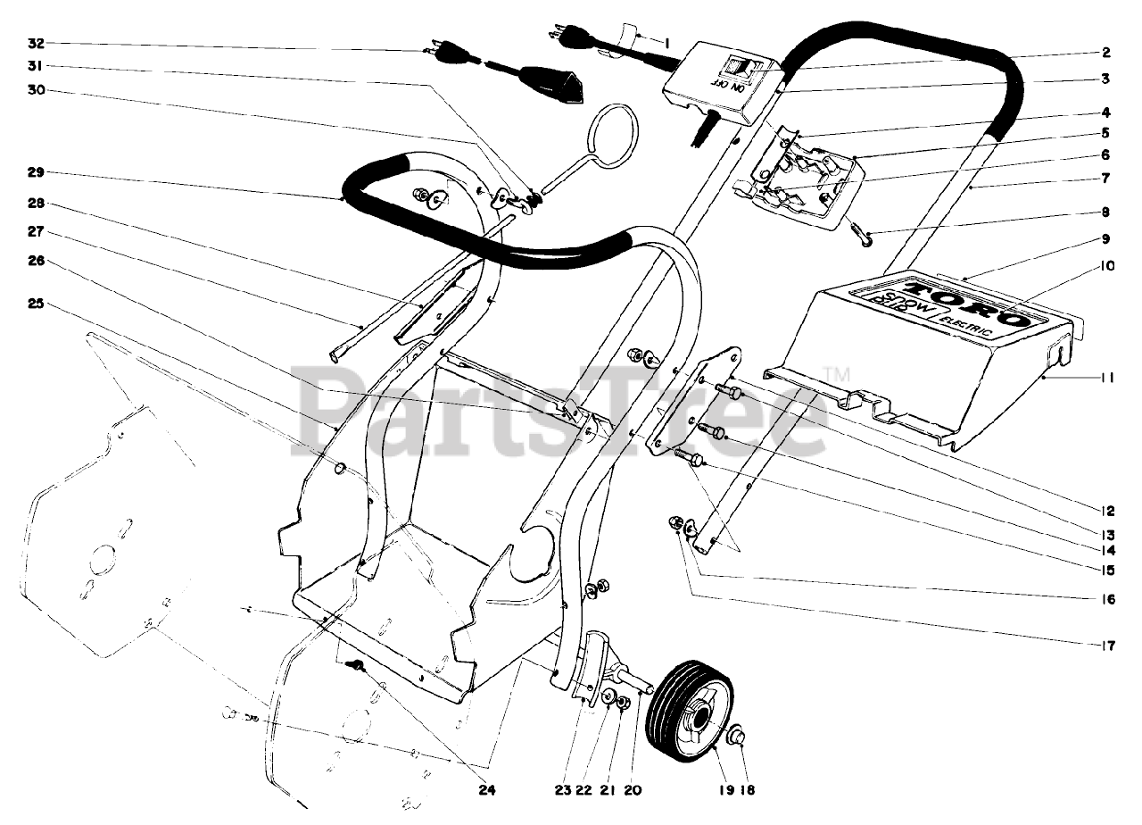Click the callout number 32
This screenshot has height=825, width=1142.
[37, 43]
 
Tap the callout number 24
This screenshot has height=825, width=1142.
[488, 790]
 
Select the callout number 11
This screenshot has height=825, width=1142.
[1106, 378]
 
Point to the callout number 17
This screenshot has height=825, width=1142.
[1106, 645]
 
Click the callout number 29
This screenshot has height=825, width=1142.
[37, 171]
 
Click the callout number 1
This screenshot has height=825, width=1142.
[666, 41]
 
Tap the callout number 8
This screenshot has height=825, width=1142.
[1106, 213]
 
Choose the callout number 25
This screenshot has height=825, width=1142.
[37, 304]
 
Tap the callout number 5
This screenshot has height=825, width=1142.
[1106, 134]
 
